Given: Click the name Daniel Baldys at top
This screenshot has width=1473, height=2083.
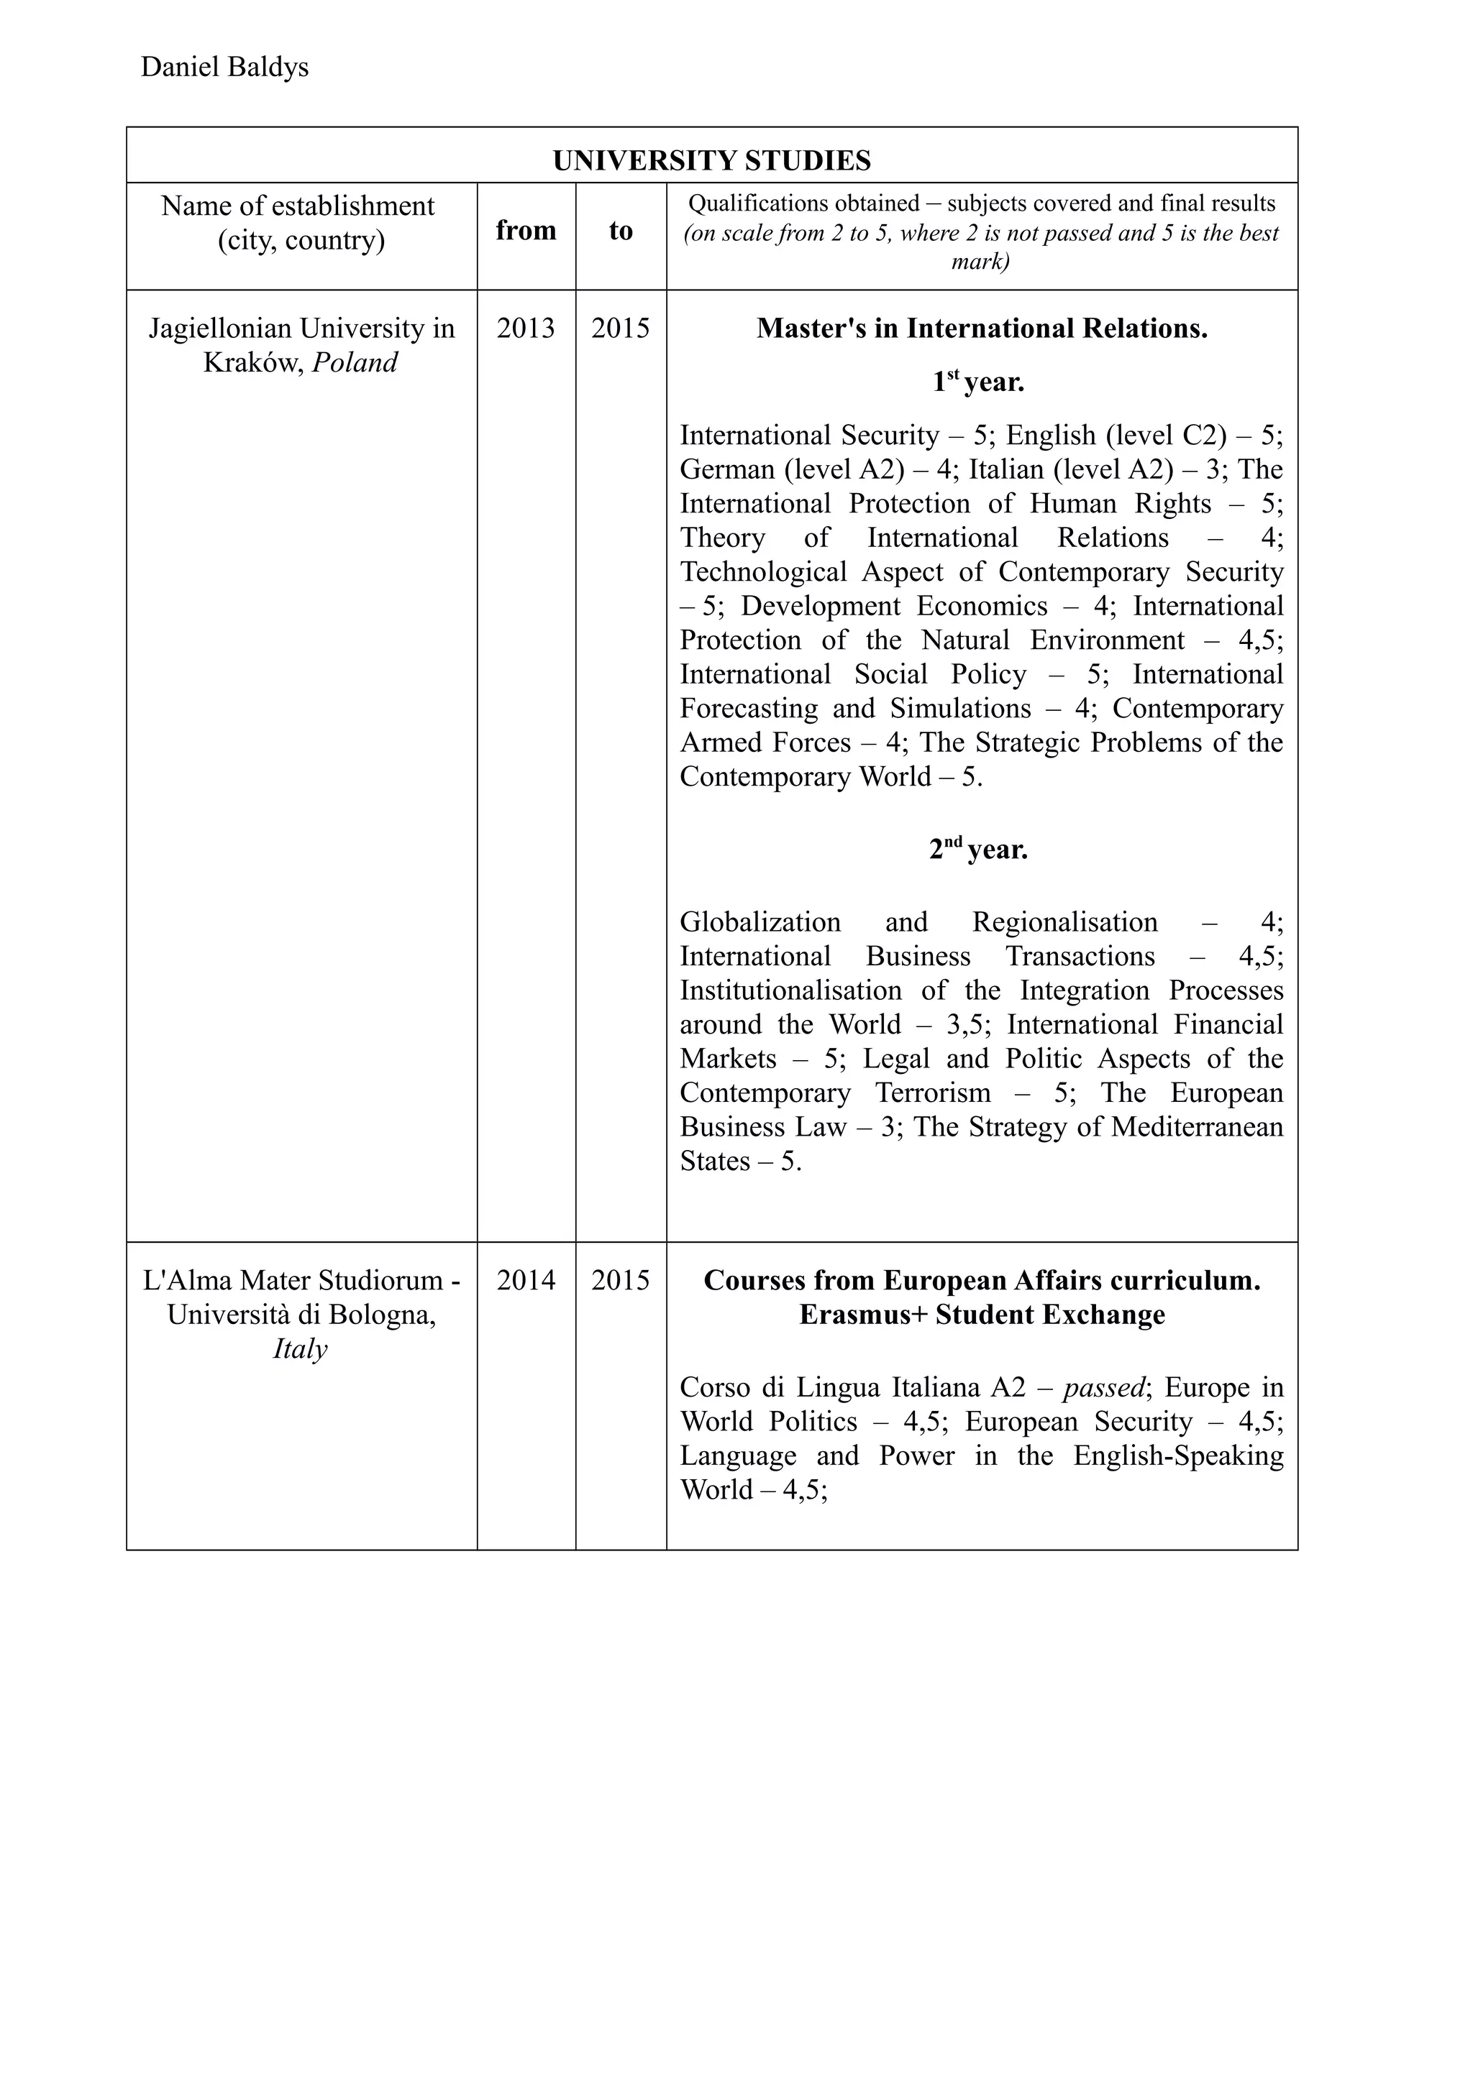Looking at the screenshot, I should pos(224,67).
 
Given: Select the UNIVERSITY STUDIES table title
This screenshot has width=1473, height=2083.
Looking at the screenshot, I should pos(711,160).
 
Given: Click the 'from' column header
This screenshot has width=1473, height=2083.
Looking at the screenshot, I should pos(526,231).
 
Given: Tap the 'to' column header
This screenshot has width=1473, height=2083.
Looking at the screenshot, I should pos(620,231).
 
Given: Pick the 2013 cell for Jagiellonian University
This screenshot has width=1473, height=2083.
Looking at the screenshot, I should pos(526,328).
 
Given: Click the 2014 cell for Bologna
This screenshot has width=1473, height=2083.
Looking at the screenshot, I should pos(526,1280).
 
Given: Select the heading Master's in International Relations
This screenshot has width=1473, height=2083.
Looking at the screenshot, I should pos(981,328).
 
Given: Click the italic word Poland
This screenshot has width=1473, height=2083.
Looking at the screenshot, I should pos(355,363).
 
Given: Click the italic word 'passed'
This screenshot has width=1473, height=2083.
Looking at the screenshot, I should pos(1103,1387).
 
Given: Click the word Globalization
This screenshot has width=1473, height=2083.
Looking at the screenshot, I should pos(760,923).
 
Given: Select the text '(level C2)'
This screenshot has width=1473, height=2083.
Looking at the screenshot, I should pos(1165,436).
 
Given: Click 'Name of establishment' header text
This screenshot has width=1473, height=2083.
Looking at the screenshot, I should pos(298,206).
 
